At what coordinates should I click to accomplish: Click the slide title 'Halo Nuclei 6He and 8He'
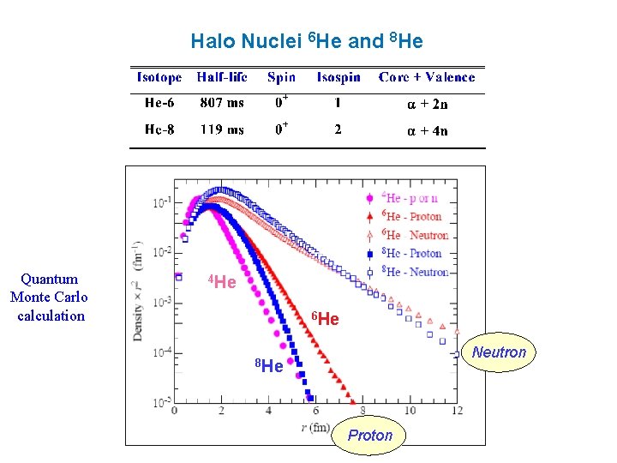[307, 41]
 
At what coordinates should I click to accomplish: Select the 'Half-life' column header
[222, 77]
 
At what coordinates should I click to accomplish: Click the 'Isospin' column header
[338, 77]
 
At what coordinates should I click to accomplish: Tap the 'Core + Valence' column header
[427, 77]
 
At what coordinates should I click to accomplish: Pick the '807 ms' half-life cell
[222, 103]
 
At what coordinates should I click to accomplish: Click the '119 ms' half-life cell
[222, 129]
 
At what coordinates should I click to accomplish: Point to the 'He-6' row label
[159, 103]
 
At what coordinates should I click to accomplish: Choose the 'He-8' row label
[159, 129]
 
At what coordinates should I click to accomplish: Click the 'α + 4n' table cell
[427, 130]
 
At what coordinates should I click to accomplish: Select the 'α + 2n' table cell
[427, 104]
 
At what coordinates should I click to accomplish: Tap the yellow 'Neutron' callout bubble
[499, 352]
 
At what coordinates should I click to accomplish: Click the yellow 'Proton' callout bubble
[370, 436]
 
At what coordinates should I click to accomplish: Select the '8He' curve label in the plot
[270, 367]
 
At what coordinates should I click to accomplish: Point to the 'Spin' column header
[281, 77]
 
